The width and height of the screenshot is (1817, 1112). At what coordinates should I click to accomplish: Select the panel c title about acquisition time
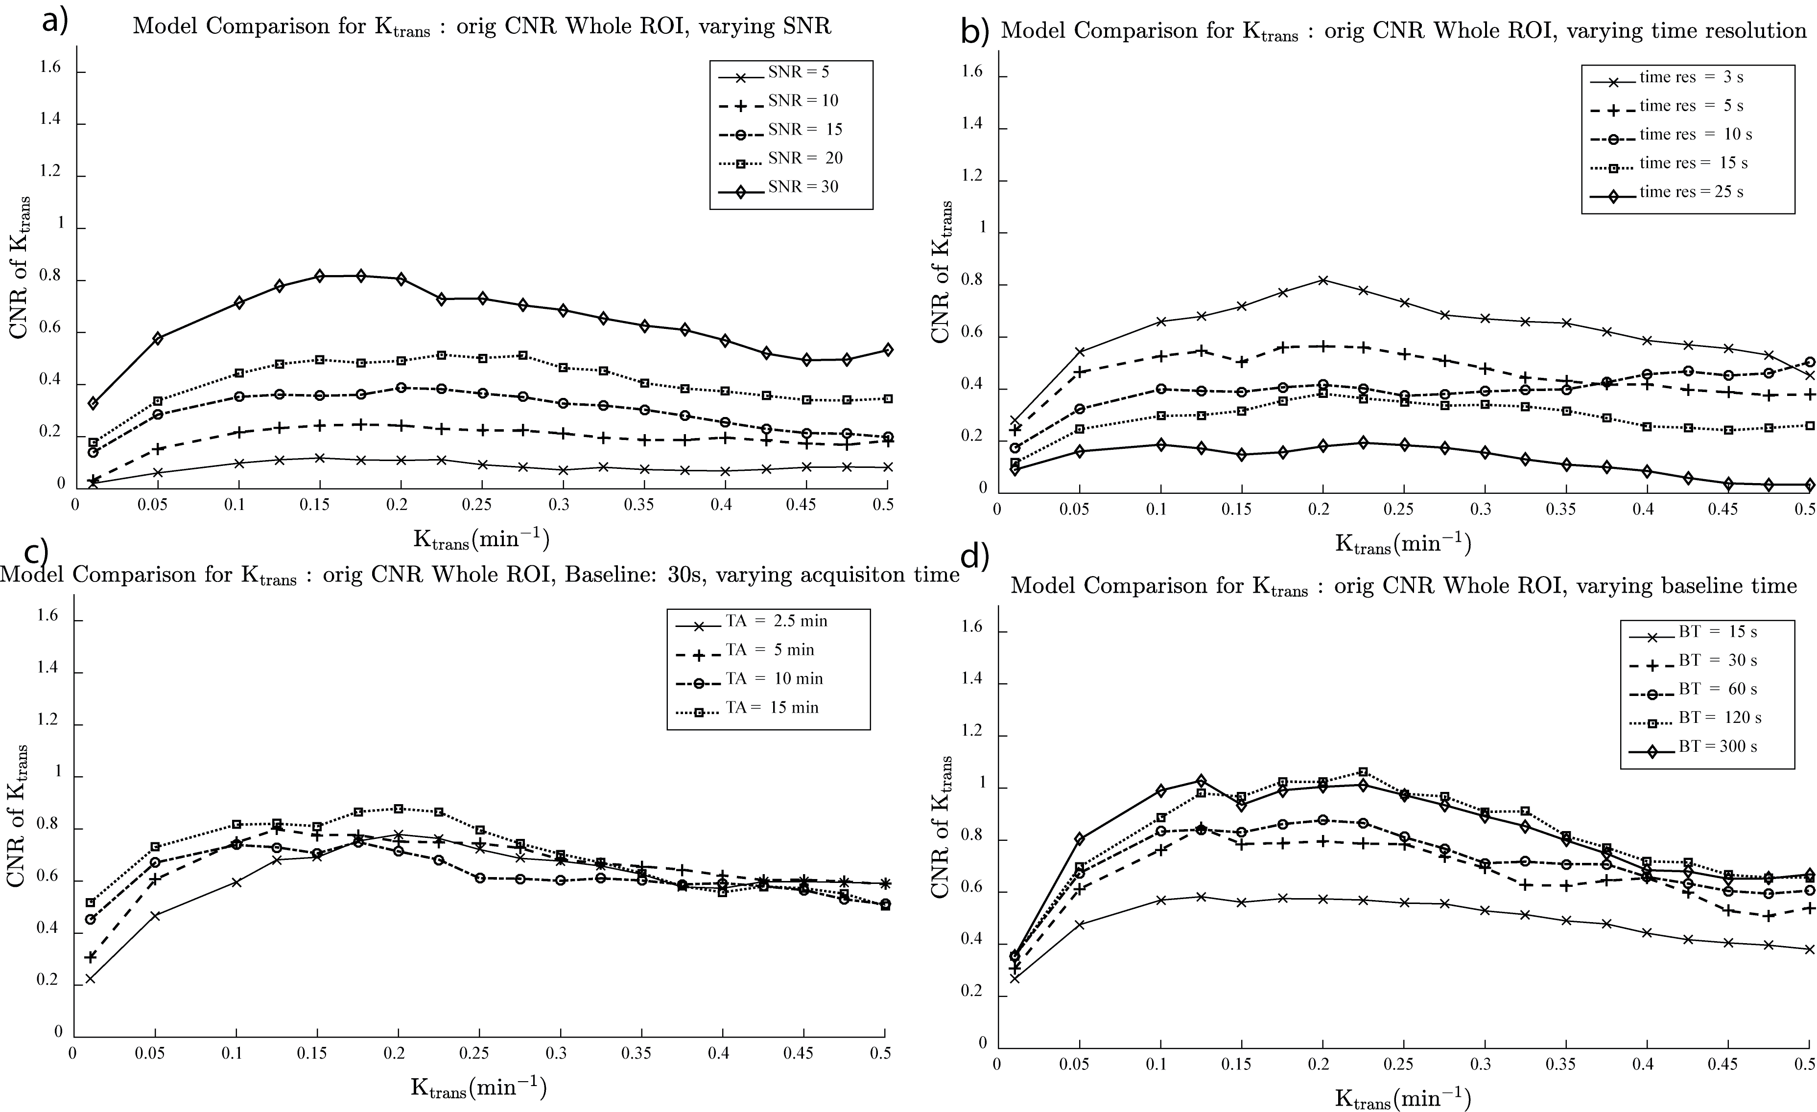pos(479,575)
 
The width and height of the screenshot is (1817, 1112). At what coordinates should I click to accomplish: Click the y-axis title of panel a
pos(20,267)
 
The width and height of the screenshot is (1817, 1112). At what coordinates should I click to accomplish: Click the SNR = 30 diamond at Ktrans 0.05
pos(157,338)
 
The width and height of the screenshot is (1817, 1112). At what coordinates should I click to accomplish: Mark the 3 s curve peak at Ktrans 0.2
pos(1323,280)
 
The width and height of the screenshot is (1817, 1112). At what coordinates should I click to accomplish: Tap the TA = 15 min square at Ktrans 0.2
pos(398,809)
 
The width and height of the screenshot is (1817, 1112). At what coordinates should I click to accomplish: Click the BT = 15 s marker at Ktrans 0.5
pos(1809,949)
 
